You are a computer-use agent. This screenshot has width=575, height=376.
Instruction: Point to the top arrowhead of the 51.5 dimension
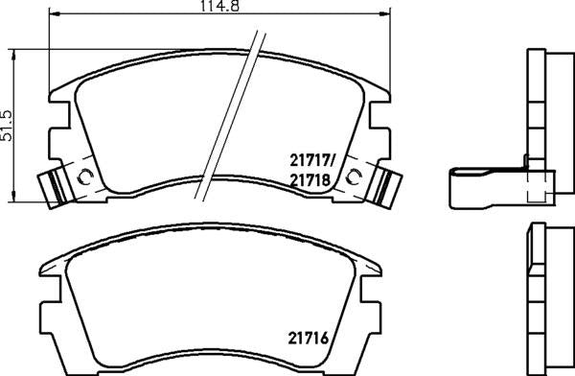click(x=12, y=53)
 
